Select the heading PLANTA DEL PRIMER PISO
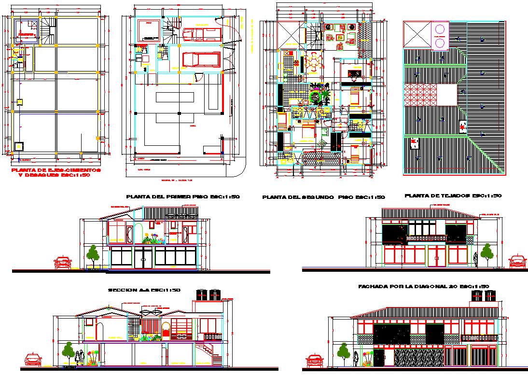point(182,197)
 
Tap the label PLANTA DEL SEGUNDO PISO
point(323,197)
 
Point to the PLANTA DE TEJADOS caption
point(453,196)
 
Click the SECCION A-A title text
point(144,290)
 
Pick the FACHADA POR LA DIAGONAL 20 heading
point(424,287)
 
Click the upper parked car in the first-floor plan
point(201,34)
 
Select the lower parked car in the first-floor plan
point(201,59)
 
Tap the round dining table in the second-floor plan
point(317,62)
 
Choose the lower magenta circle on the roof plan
point(440,43)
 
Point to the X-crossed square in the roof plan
point(417,34)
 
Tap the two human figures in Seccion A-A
point(81,357)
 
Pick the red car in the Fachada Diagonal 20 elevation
point(315,361)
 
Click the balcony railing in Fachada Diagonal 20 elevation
point(479,337)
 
